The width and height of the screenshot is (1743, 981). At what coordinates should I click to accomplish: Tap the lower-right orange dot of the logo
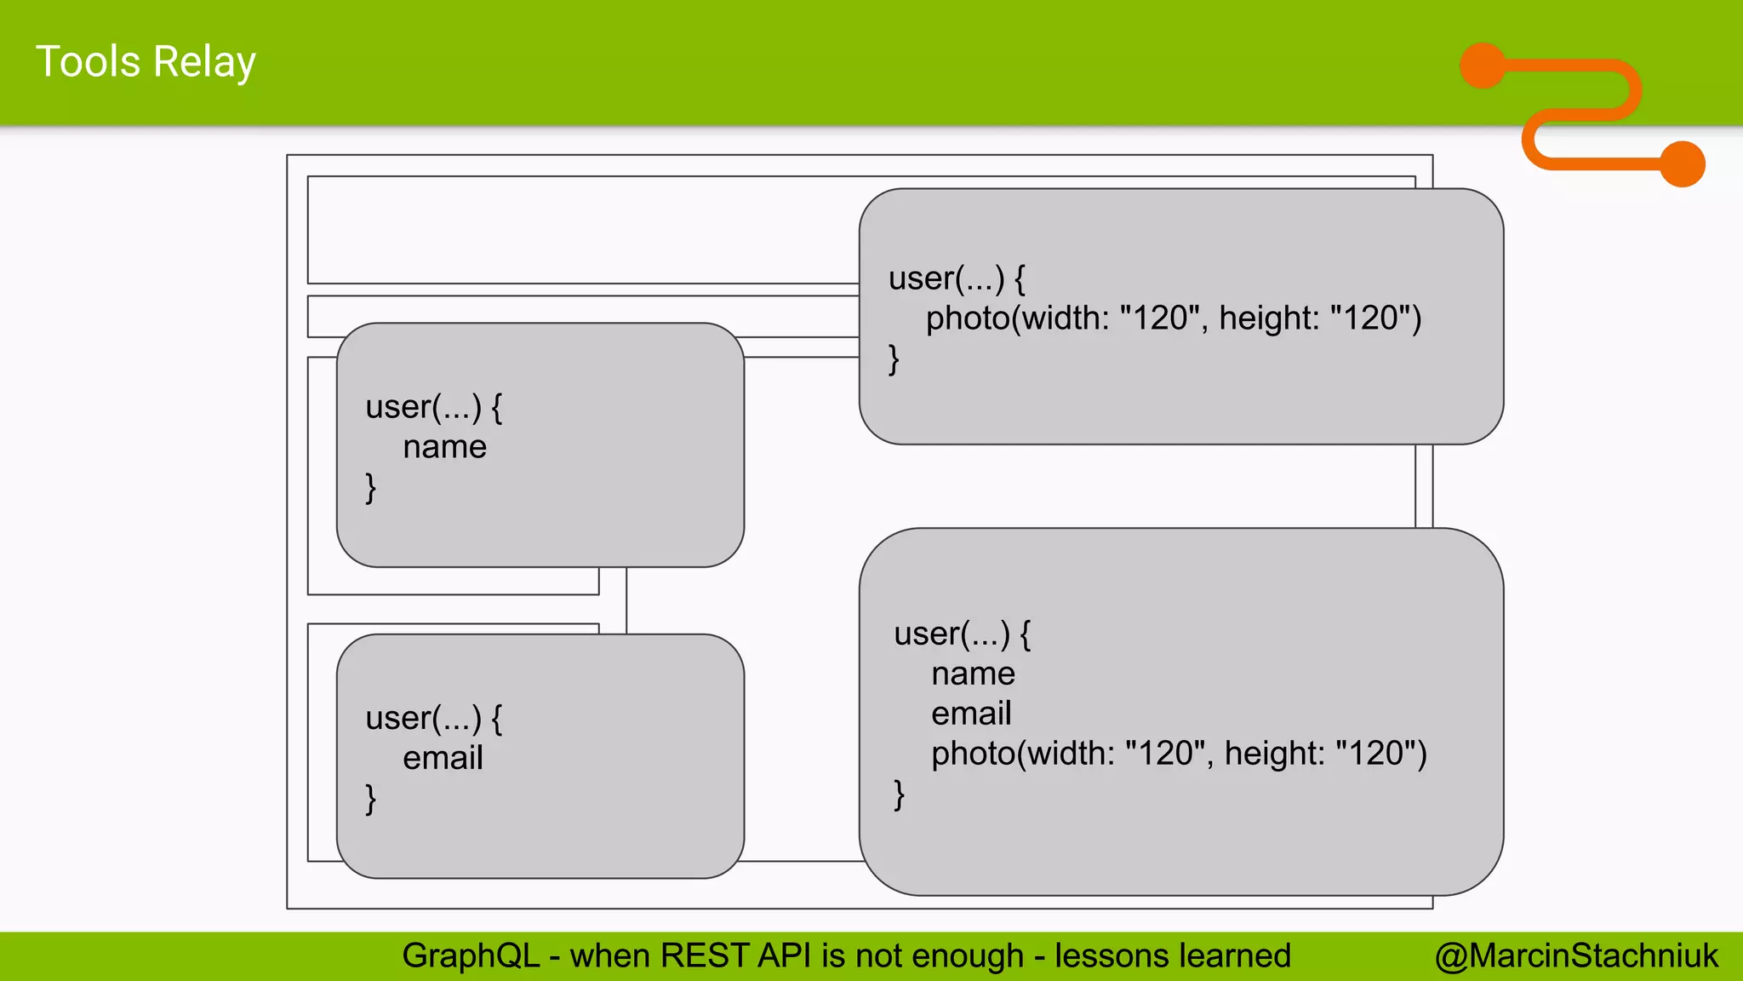coord(1683,163)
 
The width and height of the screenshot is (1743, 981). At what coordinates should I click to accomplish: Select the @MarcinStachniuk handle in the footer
coord(1576,955)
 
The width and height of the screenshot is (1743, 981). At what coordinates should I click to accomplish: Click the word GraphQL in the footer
coord(471,955)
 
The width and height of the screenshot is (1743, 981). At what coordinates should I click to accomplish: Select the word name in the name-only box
coord(444,447)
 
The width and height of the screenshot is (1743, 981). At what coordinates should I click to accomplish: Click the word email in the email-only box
coord(443,758)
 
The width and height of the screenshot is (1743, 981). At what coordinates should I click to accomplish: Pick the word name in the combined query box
coord(973,674)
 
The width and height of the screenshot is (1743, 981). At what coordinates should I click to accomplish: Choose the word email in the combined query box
coord(971,714)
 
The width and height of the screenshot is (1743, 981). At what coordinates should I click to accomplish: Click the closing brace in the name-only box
coord(370,488)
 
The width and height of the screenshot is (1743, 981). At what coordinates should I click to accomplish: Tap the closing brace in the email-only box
coord(370,799)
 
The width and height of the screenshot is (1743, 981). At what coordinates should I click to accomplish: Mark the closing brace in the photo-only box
coord(894,359)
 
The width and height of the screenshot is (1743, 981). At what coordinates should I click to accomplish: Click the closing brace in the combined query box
coord(899,795)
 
